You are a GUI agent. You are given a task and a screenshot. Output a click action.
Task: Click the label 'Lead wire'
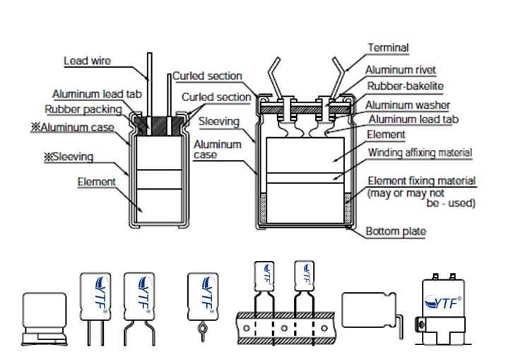pyautogui.click(x=87, y=61)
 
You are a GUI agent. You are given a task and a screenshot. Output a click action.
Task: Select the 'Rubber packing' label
pyautogui.click(x=83, y=110)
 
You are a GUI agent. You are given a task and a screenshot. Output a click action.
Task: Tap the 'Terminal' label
pyautogui.click(x=388, y=48)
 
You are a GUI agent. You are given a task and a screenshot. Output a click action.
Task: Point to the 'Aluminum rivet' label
pyautogui.click(x=400, y=70)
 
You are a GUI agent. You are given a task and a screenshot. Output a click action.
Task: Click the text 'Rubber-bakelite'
pyautogui.click(x=405, y=86)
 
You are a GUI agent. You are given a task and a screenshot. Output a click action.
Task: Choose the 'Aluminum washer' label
pyautogui.click(x=408, y=105)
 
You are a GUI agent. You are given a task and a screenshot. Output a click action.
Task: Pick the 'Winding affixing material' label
pyautogui.click(x=419, y=152)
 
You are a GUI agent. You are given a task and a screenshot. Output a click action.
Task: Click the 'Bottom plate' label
pyautogui.click(x=395, y=231)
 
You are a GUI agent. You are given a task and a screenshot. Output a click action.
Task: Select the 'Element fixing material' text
pyautogui.click(x=421, y=181)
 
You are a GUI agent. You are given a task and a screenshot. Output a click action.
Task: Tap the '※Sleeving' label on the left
pyautogui.click(x=69, y=157)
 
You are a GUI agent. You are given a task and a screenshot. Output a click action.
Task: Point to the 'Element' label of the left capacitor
pyautogui.click(x=96, y=182)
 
